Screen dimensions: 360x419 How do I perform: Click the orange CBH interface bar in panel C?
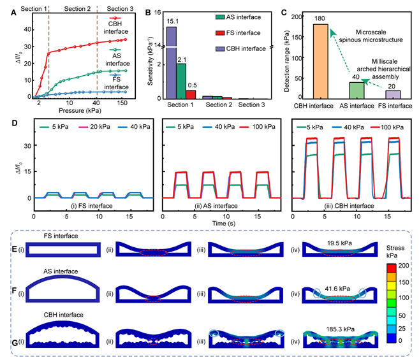(x=320, y=61)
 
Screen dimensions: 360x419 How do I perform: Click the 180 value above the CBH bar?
(x=320, y=18)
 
